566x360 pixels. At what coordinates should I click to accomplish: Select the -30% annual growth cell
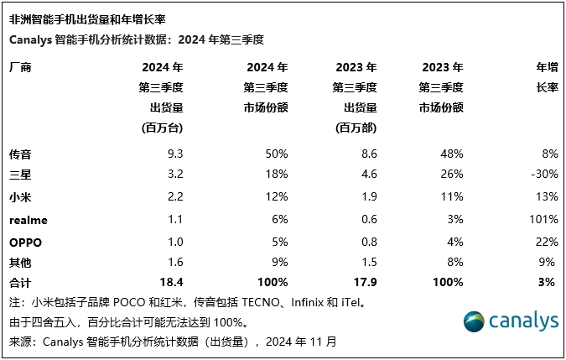545,175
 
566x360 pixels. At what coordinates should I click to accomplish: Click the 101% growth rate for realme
543,218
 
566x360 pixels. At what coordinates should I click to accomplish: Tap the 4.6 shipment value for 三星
368,175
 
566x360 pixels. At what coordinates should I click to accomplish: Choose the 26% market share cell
451,175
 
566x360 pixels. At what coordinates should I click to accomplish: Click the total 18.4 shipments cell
170,282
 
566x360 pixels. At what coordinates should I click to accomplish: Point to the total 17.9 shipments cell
365,282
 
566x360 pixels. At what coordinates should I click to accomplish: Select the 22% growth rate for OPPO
547,240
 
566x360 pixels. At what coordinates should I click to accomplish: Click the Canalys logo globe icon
475,322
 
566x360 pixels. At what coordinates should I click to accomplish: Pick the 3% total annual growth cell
548,282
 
